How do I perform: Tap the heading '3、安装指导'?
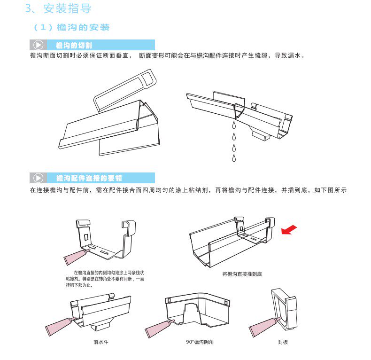pos(59,8)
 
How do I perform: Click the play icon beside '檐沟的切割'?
pos(38,45)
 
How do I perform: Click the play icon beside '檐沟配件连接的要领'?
pos(38,178)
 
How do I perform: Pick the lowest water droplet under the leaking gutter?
pos(233,158)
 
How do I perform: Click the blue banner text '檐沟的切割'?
pos(74,46)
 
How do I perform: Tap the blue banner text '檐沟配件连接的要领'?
pos(89,178)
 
